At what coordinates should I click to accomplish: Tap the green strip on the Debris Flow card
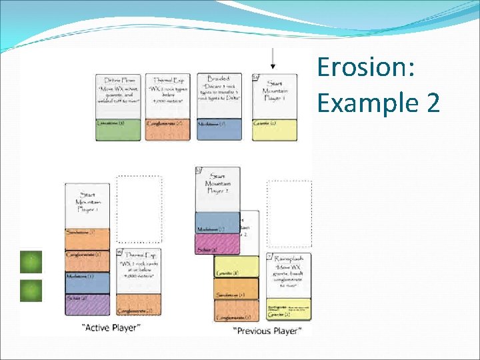click(x=118, y=129)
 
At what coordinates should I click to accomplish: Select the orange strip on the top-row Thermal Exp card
click(x=167, y=129)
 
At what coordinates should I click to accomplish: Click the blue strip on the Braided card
click(x=219, y=129)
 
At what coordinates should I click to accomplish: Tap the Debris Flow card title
click(x=118, y=79)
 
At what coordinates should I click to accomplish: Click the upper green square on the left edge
click(x=31, y=262)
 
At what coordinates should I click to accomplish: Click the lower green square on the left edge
click(x=31, y=291)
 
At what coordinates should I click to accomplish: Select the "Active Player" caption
click(x=111, y=327)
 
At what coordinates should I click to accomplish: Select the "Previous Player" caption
click(x=267, y=330)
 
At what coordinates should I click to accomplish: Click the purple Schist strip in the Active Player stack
click(x=87, y=304)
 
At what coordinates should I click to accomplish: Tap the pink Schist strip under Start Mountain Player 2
click(x=217, y=245)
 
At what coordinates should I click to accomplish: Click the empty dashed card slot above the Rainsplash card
click(x=289, y=213)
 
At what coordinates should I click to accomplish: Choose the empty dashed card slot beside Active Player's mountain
click(x=139, y=209)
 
